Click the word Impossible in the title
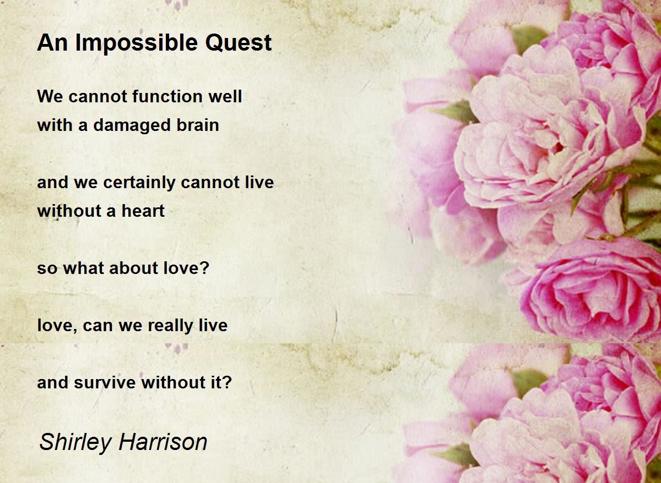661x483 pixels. [x=137, y=43]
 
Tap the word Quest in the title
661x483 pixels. [x=238, y=43]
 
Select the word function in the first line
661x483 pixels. [x=167, y=96]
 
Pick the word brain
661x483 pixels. [x=198, y=125]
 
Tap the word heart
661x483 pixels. [x=143, y=211]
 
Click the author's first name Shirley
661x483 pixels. [x=75, y=443]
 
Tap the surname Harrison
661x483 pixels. [x=163, y=442]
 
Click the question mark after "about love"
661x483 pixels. [x=204, y=267]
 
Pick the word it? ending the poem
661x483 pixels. [x=221, y=382]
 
